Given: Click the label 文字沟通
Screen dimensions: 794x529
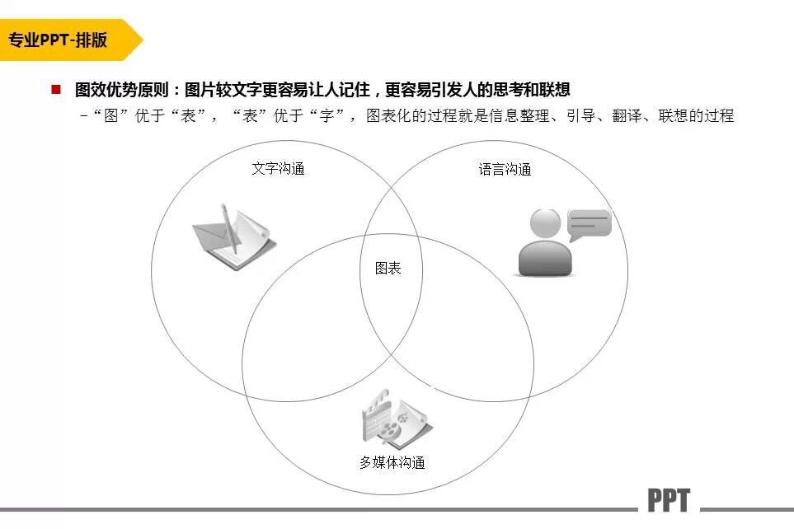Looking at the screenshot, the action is (278, 169).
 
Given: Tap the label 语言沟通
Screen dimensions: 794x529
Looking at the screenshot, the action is (505, 170).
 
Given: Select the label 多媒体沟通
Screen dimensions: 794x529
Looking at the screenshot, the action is (392, 462).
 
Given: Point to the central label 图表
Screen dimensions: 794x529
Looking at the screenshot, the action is (388, 269).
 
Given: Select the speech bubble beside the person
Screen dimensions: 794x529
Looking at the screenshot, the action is (589, 223).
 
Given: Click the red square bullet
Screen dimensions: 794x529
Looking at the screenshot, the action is (56, 89).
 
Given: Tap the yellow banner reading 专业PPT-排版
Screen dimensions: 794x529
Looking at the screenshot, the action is (62, 40).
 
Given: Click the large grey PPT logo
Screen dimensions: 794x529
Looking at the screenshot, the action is (668, 500).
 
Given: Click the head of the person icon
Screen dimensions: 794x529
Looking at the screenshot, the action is (546, 223).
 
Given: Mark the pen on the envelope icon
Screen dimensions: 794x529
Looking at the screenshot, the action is (230, 228).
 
